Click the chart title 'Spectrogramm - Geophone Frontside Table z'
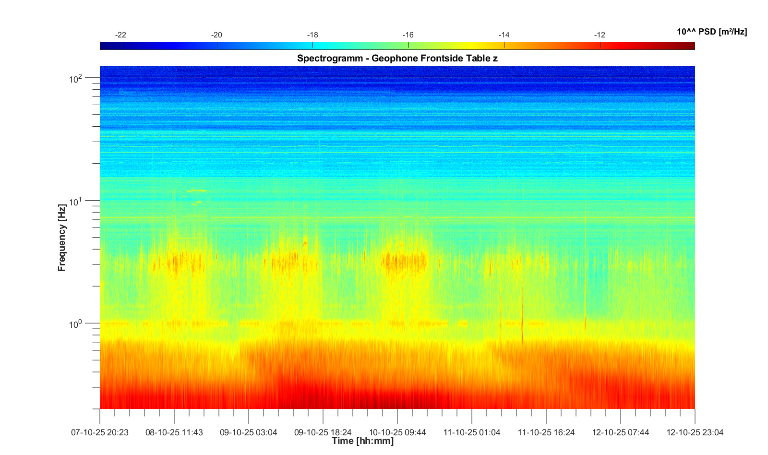click(397, 59)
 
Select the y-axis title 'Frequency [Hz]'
click(62, 238)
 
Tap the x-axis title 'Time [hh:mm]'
click(362, 441)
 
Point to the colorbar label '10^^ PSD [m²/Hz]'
click(711, 32)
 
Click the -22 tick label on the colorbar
click(121, 35)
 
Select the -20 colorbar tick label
click(216, 35)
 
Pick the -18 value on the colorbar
click(312, 35)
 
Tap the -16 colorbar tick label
click(408, 35)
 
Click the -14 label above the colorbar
click(504, 35)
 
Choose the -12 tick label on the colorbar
click(600, 35)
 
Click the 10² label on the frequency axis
click(76, 79)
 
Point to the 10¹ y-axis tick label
click(76, 202)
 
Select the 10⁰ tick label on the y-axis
click(76, 324)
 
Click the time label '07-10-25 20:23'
click(100, 432)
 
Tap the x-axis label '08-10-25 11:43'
click(174, 432)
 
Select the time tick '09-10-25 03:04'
click(249, 432)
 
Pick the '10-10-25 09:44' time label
click(397, 432)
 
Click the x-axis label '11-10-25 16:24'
click(546, 432)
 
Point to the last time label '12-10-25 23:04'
click(695, 432)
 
